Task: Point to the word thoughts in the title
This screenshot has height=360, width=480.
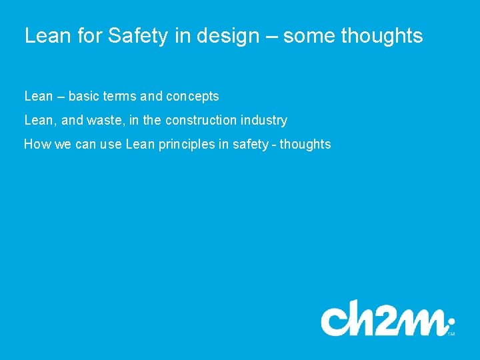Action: [x=381, y=36]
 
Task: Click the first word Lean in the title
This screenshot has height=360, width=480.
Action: [x=46, y=36]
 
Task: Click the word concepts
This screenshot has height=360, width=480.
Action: [x=192, y=97]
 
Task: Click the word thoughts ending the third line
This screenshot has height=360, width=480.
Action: [x=305, y=145]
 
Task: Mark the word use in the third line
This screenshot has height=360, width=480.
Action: [x=111, y=145]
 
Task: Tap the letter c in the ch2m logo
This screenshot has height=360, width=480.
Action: [x=335, y=321]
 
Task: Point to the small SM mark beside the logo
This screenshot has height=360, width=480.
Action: [x=451, y=334]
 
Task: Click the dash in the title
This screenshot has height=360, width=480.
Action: [x=271, y=37]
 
